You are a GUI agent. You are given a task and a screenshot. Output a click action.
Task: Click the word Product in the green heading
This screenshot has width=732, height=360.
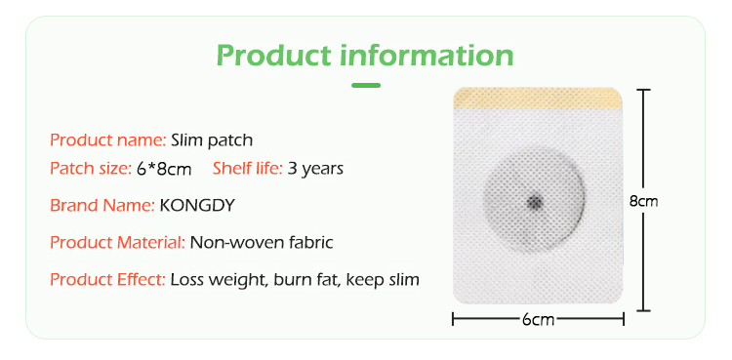click(x=272, y=55)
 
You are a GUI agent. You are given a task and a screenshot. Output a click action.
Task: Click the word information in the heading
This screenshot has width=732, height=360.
click(x=426, y=55)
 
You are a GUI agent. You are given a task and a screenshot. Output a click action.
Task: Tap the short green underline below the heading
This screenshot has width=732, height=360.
click(x=366, y=86)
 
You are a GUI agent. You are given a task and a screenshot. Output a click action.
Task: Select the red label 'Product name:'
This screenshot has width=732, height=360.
click(x=107, y=140)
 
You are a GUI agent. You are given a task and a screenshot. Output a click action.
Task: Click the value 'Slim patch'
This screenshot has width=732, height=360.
click(x=212, y=140)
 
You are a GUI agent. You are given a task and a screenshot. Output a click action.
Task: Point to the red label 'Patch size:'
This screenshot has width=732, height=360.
click(x=91, y=169)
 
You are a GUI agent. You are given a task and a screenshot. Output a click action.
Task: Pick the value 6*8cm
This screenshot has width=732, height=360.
click(x=164, y=169)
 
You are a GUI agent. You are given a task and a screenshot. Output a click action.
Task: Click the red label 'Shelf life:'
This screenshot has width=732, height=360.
click(x=248, y=169)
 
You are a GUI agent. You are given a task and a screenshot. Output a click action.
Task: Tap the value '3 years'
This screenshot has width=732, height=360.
click(x=315, y=169)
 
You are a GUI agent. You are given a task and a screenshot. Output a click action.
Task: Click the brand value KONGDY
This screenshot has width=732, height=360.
click(x=197, y=206)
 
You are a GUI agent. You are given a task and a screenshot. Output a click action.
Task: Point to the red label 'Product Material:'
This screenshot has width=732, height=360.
click(x=117, y=242)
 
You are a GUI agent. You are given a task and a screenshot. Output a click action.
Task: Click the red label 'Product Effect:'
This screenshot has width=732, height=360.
click(x=107, y=280)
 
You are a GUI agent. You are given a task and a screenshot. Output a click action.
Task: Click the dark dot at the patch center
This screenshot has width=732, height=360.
click(x=534, y=202)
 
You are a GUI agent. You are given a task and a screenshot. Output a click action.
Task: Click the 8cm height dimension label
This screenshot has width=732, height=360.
click(x=643, y=201)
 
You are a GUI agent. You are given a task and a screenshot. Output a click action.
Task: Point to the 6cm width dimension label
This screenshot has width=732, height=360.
click(x=537, y=320)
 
